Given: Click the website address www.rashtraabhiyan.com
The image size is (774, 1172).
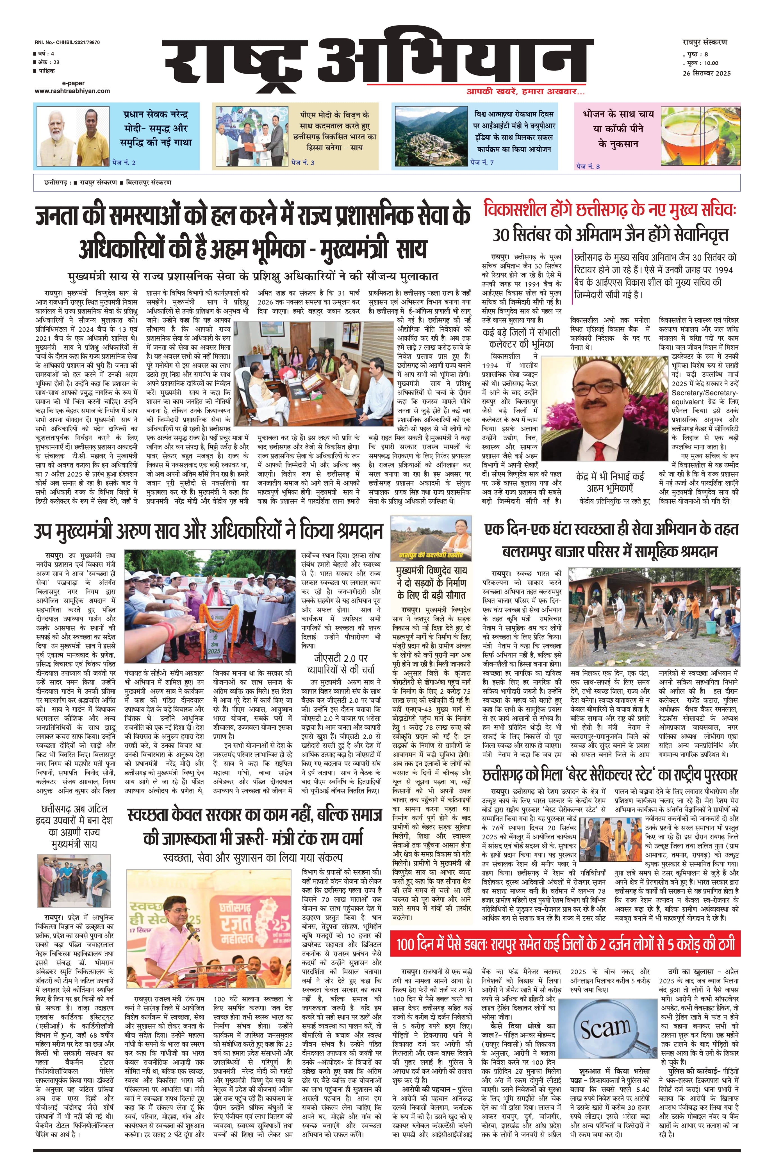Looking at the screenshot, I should click(72, 91).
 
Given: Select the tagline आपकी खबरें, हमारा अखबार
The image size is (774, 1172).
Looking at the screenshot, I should click(526, 92).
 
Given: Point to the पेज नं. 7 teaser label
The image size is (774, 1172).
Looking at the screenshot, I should click(482, 162).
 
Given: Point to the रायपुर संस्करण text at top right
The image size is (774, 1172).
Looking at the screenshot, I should click(702, 42).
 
